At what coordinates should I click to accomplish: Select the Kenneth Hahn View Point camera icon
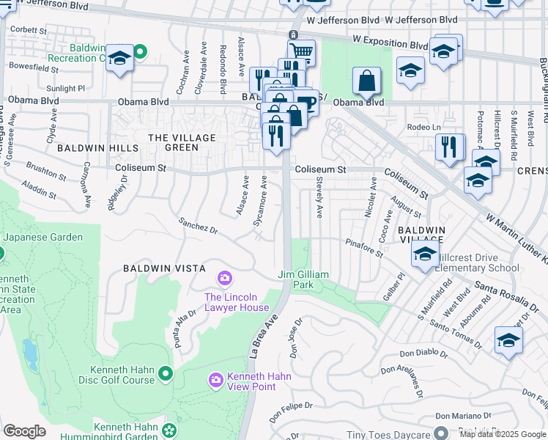click(x=216, y=379)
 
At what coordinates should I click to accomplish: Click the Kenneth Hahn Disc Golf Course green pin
click(x=166, y=374)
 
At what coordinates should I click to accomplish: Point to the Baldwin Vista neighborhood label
click(x=163, y=268)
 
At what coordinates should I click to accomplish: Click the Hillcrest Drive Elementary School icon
click(x=424, y=254)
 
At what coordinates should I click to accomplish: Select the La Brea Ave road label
click(x=267, y=329)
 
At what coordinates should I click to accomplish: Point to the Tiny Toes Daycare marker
click(x=440, y=433)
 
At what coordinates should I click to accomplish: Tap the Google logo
click(x=24, y=431)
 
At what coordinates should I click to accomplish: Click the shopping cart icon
click(x=300, y=51)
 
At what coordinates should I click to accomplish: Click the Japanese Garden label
click(x=42, y=237)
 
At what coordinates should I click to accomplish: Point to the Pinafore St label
click(x=364, y=247)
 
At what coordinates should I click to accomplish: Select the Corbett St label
click(x=27, y=30)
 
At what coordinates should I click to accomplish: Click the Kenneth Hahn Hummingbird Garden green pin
click(x=171, y=430)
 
